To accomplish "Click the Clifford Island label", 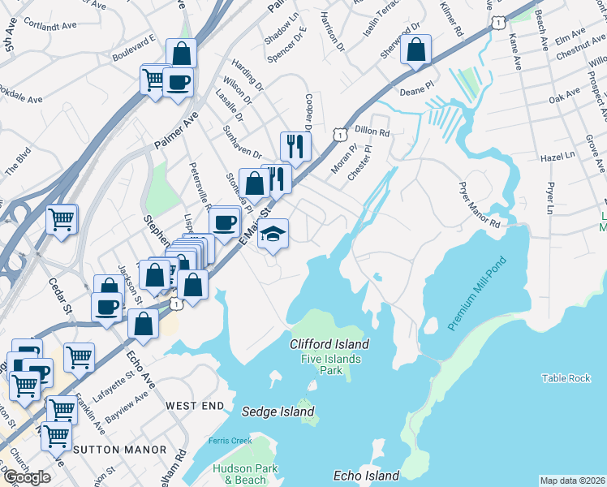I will [329, 344].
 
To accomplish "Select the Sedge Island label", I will [278, 412].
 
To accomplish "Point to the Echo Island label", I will [366, 476].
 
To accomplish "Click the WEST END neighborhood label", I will [194, 404].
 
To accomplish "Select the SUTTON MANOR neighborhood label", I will [119, 449].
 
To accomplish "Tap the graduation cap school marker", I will [273, 235].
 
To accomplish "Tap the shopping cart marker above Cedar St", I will [62, 219].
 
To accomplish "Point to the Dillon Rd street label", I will [372, 131].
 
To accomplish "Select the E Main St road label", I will [253, 223].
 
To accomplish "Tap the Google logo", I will [27, 477].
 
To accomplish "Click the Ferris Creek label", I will [225, 441].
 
